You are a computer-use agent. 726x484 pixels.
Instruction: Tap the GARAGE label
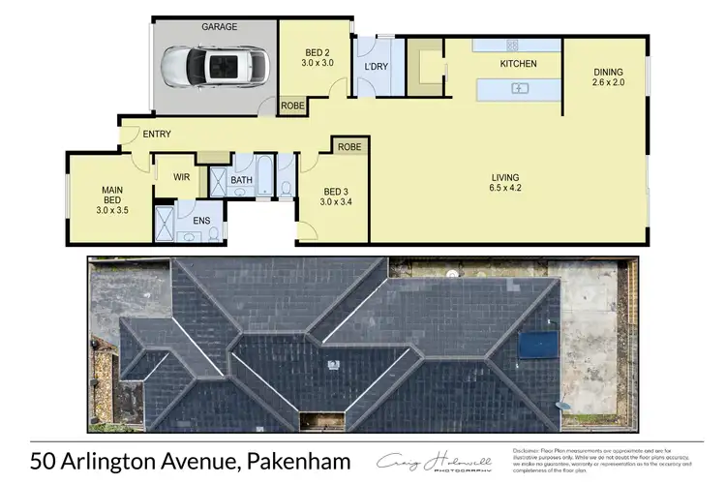(219, 28)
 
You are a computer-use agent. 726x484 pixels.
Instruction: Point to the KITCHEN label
(517, 64)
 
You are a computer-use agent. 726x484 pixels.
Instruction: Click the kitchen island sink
(519, 89)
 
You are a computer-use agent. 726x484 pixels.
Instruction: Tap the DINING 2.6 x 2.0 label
(609, 77)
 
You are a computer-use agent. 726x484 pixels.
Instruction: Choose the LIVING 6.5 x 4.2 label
(507, 182)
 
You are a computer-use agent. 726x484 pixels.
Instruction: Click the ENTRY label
(157, 134)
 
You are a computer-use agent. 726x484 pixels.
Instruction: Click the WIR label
(180, 177)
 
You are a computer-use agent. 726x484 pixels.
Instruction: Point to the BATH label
(242, 180)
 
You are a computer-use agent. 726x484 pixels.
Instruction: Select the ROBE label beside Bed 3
(350, 147)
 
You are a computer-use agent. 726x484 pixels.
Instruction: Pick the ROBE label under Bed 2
(291, 105)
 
